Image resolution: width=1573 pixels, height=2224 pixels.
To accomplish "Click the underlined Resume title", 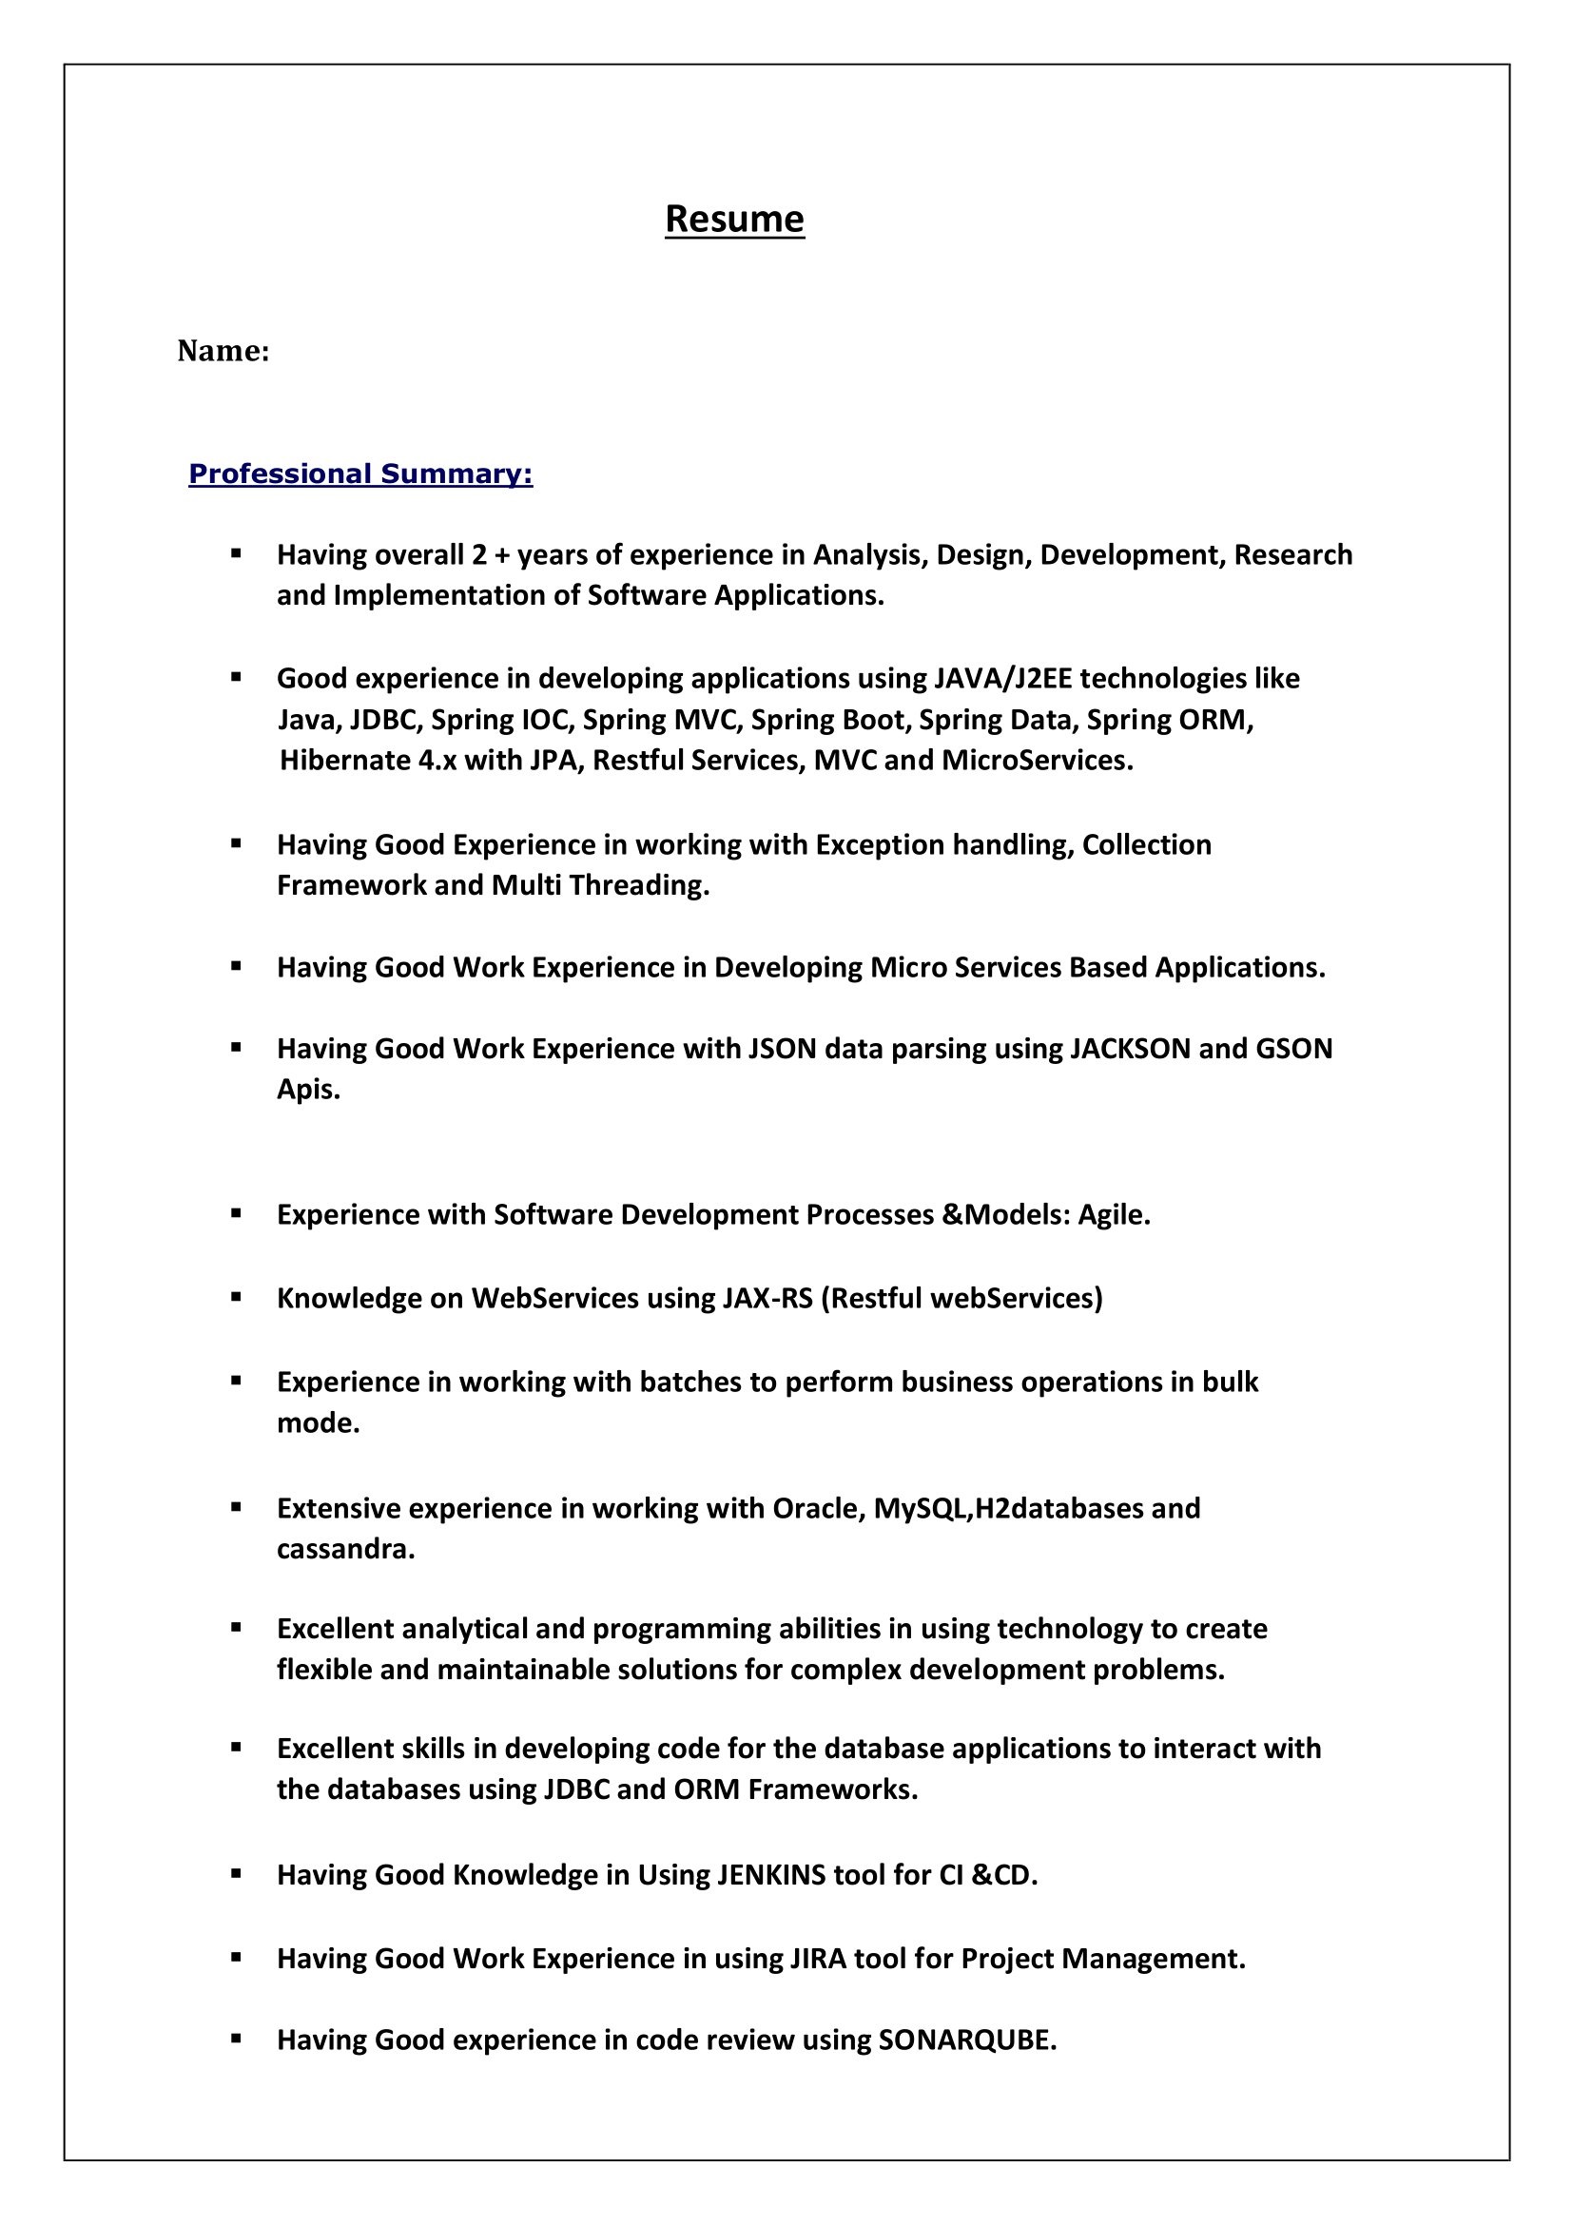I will tap(734, 219).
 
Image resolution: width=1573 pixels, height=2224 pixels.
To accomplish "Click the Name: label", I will tap(223, 351).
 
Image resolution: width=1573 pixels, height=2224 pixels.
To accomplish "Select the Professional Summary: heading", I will tap(360, 474).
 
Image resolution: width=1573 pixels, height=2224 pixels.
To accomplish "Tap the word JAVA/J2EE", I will tap(1002, 678).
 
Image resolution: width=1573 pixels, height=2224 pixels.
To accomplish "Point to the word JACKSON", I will tap(1130, 1048).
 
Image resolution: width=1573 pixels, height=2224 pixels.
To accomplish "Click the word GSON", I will tap(1294, 1048).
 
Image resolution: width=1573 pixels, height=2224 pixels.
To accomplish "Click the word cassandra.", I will tap(345, 1549).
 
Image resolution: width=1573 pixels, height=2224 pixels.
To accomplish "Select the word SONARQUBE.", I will tap(966, 2040).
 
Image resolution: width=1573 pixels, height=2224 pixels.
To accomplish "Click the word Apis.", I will tap(308, 1090).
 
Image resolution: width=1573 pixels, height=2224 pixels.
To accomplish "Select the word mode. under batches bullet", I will tap(318, 1423).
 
